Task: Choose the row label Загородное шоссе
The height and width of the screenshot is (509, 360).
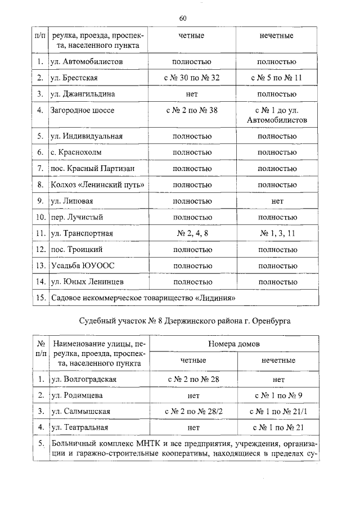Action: tap(82, 110)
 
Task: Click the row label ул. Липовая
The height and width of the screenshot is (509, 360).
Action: tap(72, 201)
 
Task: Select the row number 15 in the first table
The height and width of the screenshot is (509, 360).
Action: tap(40, 298)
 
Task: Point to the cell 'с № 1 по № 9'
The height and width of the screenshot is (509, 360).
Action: tap(278, 395)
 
